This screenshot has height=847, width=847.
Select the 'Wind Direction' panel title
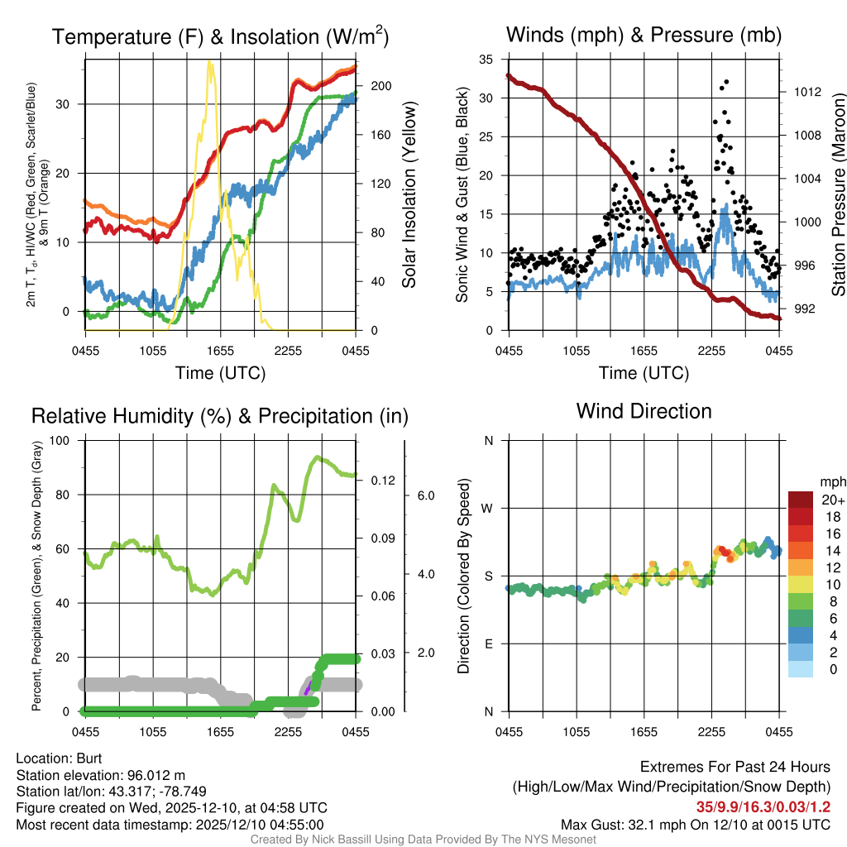pos(644,411)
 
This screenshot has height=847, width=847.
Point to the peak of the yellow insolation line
pos(211,63)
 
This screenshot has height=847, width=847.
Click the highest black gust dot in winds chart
pos(726,82)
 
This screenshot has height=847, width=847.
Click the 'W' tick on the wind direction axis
pos(488,508)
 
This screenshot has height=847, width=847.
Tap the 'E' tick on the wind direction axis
pos(489,644)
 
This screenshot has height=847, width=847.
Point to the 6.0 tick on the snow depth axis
pos(425,495)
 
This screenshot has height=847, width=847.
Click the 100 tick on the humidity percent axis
pos(62,440)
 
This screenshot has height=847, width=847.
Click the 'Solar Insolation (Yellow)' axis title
pos(409,195)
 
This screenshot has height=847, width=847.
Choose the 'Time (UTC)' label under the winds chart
pos(644,373)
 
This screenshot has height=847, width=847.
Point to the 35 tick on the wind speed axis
pos(486,60)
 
